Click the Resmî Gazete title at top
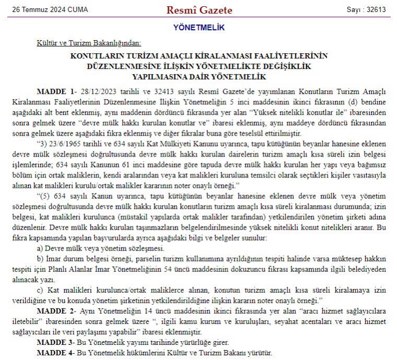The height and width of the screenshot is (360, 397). pyautogui.click(x=199, y=10)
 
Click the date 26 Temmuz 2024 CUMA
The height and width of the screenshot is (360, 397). pyautogui.click(x=50, y=10)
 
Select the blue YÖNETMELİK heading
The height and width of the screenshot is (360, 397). pyautogui.click(x=198, y=28)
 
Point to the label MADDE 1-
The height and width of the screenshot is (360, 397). pyautogui.click(x=57, y=91)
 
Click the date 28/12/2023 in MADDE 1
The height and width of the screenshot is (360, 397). pyautogui.click(x=98, y=91)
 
